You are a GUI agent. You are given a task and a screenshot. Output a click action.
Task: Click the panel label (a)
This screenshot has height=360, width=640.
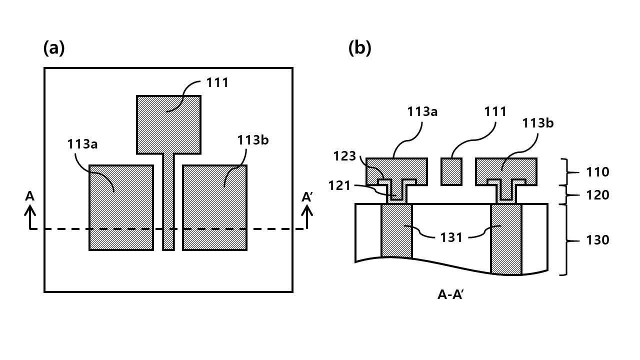54,48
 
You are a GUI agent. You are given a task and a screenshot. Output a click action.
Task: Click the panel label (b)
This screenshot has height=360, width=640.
359,48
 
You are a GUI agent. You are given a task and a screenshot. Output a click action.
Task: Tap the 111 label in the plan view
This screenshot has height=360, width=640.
217,83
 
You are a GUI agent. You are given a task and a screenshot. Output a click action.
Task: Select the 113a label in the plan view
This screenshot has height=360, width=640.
82,144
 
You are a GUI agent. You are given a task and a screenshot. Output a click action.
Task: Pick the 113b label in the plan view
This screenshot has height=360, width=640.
253,140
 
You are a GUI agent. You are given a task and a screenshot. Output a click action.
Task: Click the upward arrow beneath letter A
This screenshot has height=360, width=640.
29,217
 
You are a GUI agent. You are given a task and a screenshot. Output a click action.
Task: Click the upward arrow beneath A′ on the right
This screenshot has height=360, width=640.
307,217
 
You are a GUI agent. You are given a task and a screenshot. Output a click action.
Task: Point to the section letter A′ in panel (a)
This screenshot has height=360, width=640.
307,197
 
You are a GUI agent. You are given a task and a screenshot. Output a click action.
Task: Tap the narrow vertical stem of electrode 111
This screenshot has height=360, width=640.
168,202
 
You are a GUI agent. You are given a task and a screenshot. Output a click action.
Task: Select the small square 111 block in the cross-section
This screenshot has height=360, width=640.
451,171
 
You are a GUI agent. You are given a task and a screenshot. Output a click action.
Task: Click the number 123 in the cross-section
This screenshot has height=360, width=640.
345,156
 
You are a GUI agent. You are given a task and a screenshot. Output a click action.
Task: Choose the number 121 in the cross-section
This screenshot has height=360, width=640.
339,186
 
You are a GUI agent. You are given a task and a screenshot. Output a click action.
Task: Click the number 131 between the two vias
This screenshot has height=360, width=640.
451,237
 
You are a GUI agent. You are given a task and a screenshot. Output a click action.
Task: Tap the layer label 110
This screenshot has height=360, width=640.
597,172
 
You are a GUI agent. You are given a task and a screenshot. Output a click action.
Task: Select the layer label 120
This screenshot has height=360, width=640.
597,195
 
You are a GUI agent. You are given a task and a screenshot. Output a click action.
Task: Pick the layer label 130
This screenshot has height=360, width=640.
597,240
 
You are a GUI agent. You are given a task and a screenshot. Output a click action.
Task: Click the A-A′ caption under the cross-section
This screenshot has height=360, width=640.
450,294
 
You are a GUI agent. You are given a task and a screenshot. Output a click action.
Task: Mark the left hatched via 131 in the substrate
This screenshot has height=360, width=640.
397,231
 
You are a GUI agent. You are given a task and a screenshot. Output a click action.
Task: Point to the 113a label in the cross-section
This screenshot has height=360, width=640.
422,111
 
